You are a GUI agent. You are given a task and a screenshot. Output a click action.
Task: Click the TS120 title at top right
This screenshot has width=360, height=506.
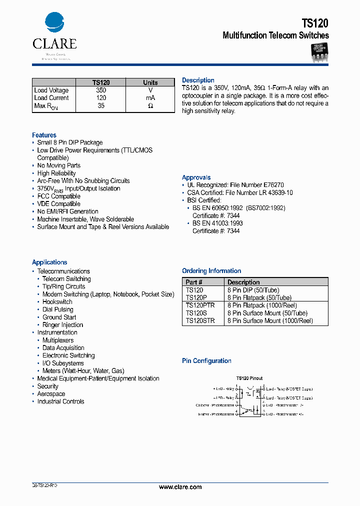click(x=315, y=23)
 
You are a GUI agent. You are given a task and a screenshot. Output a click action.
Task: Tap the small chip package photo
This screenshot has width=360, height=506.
click(x=318, y=52)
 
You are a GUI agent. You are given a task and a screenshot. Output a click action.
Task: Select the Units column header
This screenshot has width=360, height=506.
click(x=150, y=82)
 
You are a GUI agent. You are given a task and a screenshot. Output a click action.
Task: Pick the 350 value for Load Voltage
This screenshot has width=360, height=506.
click(x=101, y=90)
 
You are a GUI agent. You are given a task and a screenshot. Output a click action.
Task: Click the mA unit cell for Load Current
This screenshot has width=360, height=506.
click(x=150, y=98)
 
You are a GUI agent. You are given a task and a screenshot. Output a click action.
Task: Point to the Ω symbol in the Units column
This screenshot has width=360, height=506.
click(x=150, y=106)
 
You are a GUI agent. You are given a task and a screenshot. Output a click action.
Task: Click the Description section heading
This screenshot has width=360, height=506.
click(x=198, y=80)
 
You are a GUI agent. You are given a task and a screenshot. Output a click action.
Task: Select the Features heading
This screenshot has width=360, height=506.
click(x=44, y=135)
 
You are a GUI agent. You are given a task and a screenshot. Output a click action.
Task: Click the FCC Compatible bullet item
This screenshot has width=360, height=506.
click(x=58, y=196)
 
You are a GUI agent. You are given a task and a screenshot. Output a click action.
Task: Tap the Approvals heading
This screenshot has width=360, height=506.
click(x=196, y=177)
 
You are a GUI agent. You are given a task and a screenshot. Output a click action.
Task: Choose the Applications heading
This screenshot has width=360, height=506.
click(x=49, y=262)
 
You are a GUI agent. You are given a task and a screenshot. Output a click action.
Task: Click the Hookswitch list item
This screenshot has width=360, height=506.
click(x=57, y=302)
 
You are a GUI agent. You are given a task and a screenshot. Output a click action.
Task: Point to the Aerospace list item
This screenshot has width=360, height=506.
click(x=51, y=394)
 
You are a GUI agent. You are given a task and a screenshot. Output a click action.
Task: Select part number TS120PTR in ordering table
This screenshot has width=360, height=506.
click(x=200, y=305)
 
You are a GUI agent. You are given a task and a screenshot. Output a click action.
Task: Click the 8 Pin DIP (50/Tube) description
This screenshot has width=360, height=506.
click(x=253, y=290)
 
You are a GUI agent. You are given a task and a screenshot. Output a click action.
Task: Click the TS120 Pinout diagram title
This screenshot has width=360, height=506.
click(x=249, y=378)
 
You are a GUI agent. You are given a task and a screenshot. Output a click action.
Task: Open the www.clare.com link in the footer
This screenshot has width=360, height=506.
click(x=180, y=487)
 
